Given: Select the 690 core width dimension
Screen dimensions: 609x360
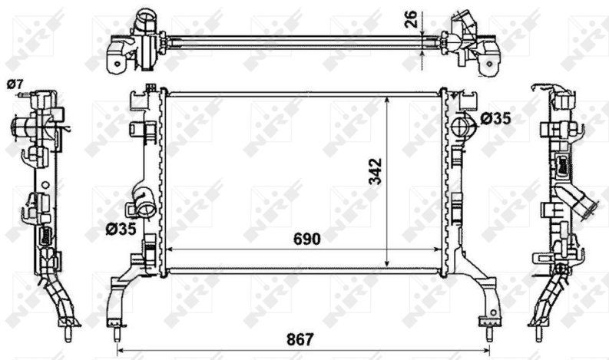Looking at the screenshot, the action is pyautogui.click(x=307, y=239).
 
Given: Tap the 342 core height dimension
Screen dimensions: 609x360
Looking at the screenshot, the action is pyautogui.click(x=376, y=171).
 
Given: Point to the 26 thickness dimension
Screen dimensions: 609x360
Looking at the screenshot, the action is pyautogui.click(x=411, y=19).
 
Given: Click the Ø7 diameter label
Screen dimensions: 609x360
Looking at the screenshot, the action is pyautogui.click(x=15, y=84).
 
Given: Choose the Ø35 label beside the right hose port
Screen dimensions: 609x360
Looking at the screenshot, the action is pyautogui.click(x=495, y=118).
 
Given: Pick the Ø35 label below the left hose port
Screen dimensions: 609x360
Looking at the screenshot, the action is pyautogui.click(x=121, y=230).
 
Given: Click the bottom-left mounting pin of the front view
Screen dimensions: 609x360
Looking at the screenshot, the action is pyautogui.click(x=116, y=335).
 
